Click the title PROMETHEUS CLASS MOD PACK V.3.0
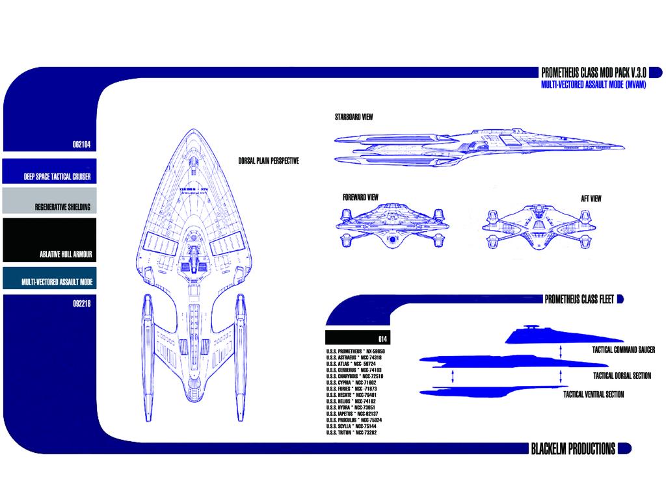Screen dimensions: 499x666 (593, 73)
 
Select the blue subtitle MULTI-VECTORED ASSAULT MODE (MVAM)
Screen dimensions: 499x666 (593, 85)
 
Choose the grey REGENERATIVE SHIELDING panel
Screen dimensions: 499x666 (49, 201)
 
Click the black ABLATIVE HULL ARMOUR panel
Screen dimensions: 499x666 (49, 240)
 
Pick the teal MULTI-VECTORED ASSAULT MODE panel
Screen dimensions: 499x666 (49, 277)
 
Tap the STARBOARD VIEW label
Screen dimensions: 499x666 (354, 118)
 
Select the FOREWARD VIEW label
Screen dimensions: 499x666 (361, 198)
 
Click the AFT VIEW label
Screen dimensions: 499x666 (591, 199)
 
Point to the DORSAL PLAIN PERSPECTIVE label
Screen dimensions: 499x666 (269, 161)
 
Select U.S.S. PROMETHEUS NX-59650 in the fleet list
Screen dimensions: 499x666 (360, 352)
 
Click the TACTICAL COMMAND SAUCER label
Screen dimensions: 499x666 (623, 350)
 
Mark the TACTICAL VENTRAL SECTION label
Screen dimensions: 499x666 (593, 394)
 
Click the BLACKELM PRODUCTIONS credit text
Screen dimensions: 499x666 (573, 449)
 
